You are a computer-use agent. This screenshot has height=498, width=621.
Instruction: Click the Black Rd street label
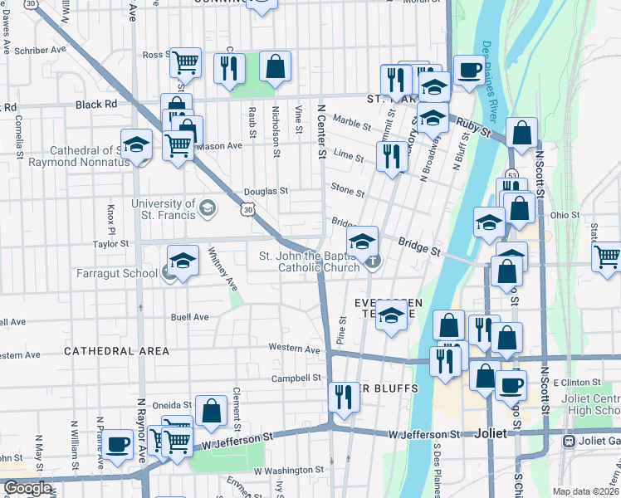click(x=95, y=105)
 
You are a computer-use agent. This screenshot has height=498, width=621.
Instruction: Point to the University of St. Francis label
click(x=164, y=210)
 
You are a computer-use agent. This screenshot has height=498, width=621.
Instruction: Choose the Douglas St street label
click(x=266, y=191)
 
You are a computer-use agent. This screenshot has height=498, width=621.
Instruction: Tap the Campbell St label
click(x=296, y=378)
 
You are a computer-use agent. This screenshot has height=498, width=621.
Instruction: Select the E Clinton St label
click(x=575, y=383)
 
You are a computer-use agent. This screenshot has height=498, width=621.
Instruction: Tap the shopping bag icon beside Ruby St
click(x=521, y=132)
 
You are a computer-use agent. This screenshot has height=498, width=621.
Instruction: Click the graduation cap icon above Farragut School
click(x=183, y=260)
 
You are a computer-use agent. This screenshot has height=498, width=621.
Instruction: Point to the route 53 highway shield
click(x=512, y=177)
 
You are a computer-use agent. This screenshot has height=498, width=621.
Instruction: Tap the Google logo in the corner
click(x=27, y=488)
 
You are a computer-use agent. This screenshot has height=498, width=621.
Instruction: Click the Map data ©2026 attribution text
click(x=586, y=491)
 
